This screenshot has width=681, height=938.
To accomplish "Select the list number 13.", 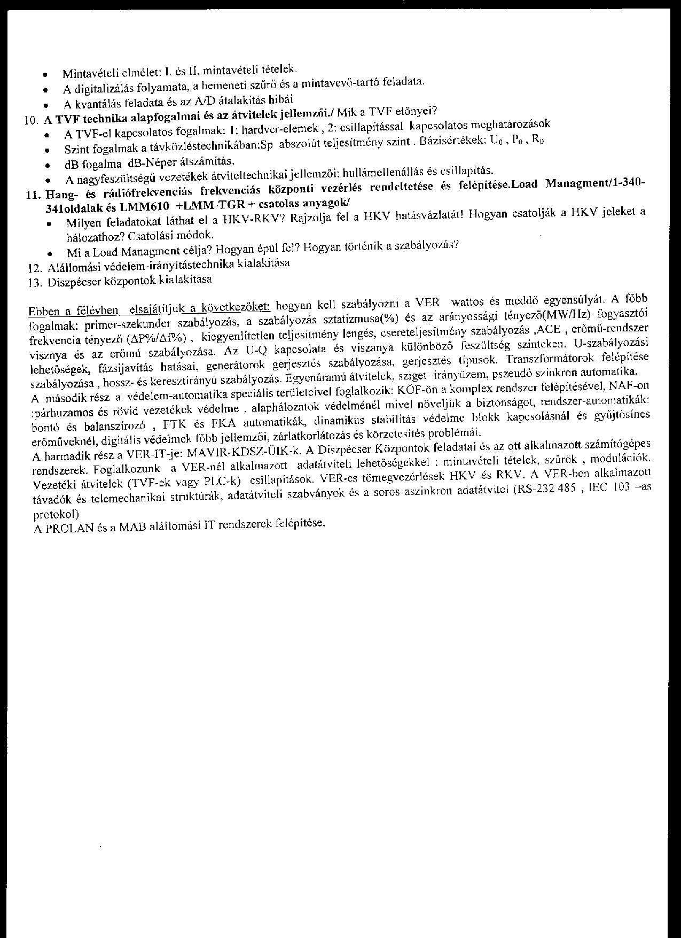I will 35,283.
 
